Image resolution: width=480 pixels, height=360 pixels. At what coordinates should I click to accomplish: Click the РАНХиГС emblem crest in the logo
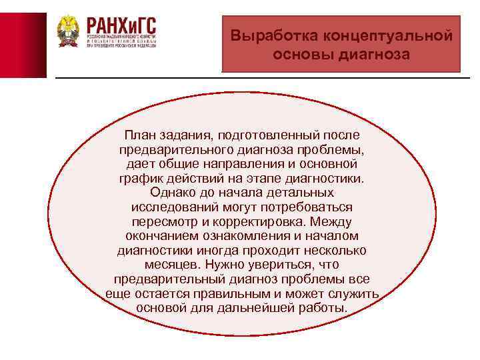click(x=67, y=31)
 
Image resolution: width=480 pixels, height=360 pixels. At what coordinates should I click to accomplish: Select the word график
click(x=138, y=179)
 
